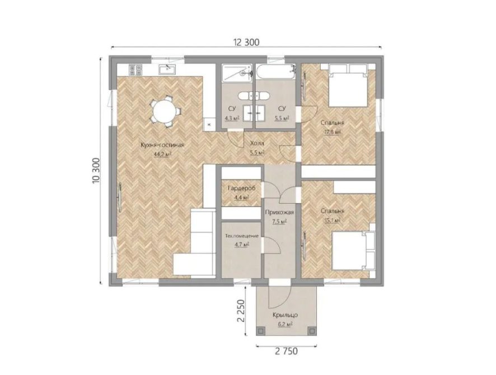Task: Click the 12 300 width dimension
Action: point(246,42)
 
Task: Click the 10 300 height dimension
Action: point(96,170)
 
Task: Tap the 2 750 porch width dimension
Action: point(286,351)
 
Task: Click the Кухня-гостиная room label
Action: point(162,145)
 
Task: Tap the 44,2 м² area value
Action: point(162,154)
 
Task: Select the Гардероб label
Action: point(241,189)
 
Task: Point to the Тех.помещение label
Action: point(242,236)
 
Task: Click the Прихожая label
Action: point(280,213)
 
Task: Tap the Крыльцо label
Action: point(286,315)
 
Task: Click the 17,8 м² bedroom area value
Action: point(332,132)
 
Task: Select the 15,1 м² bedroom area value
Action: point(332,220)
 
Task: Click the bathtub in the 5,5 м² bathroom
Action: point(275,72)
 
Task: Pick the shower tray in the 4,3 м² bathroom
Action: point(237,73)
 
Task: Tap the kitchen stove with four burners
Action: point(135,69)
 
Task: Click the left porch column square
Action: point(261,330)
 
